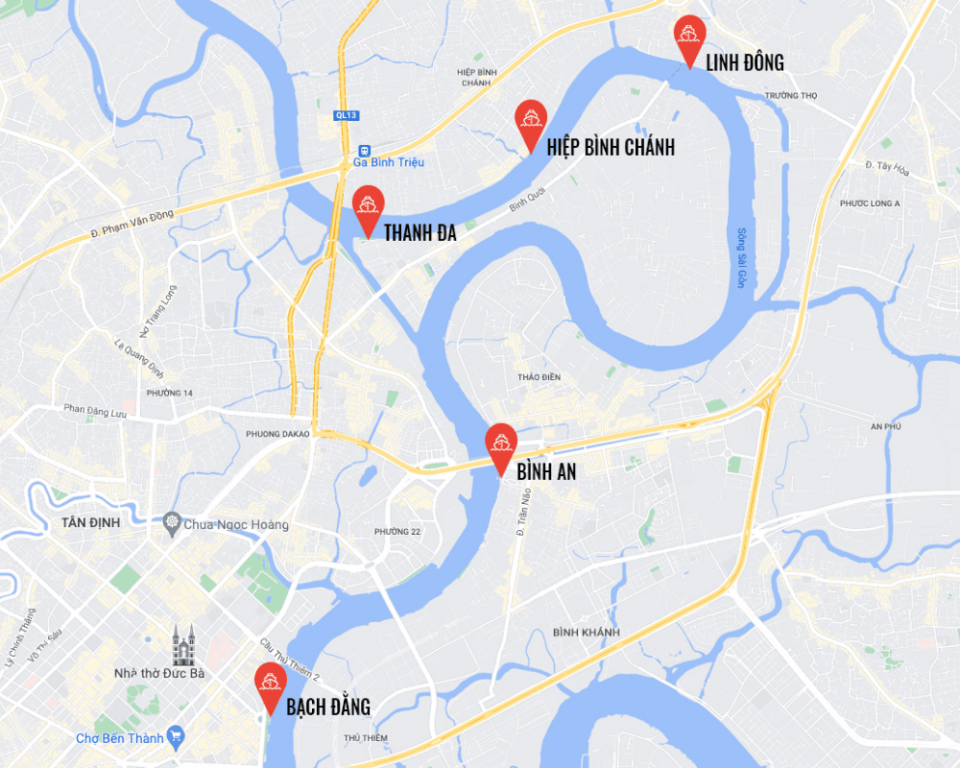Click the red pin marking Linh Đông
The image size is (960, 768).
tap(689, 36)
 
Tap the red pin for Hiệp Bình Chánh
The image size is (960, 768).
tap(530, 119)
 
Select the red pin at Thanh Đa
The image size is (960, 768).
tap(368, 205)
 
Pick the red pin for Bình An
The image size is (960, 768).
tap(501, 444)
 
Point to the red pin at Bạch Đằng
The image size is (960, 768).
tap(270, 683)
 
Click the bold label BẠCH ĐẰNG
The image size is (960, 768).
tap(328, 708)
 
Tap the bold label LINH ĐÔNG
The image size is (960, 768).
tap(745, 63)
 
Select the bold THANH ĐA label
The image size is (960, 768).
tap(420, 232)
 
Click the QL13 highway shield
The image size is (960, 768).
tap(347, 115)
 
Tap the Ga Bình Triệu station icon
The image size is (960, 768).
tap(364, 151)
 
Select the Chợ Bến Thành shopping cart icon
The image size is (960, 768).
tap(175, 737)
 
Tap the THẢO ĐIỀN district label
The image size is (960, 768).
tap(539, 377)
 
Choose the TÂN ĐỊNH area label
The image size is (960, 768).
tap(89, 522)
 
